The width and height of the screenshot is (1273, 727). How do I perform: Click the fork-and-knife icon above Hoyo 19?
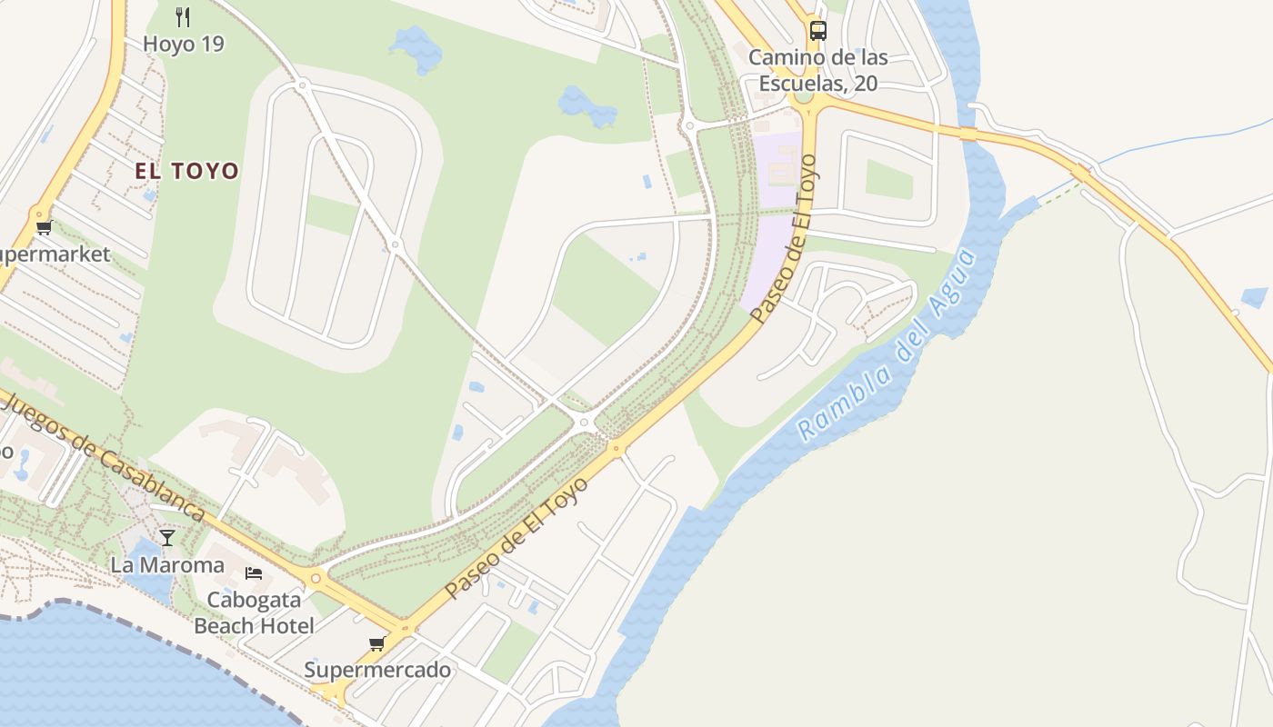click(182, 16)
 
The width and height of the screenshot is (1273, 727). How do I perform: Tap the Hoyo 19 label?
click(183, 44)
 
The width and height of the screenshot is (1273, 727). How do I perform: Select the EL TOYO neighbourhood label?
click(186, 171)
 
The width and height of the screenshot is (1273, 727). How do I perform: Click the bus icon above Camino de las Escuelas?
click(818, 30)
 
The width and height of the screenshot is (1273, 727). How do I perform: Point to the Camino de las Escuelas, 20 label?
click(817, 70)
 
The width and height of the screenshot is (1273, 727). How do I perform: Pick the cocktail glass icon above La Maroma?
click(167, 538)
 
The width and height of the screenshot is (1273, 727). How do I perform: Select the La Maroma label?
click(167, 565)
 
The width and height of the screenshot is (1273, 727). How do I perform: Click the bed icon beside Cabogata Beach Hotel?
click(254, 573)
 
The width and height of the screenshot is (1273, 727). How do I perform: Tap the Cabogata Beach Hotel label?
click(255, 612)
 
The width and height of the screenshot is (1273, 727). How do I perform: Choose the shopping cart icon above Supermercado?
click(377, 643)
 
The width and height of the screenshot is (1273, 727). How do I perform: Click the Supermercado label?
click(377, 671)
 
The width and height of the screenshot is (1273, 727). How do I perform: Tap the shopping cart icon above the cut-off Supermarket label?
click(43, 227)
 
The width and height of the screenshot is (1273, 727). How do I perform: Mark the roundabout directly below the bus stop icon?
click(804, 97)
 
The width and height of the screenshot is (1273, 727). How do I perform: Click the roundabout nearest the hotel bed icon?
click(316, 577)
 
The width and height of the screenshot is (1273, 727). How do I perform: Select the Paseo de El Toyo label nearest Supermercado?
click(516, 538)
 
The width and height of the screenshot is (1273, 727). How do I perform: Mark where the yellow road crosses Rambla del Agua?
click(969, 134)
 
